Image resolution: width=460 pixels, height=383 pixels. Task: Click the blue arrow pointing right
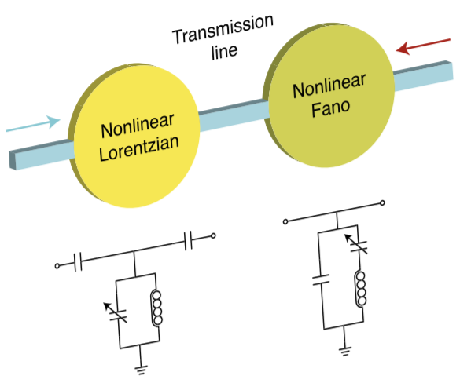pos(33,125)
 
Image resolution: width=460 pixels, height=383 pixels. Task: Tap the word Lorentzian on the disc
pos(138,148)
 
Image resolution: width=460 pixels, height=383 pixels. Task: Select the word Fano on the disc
pos(330,108)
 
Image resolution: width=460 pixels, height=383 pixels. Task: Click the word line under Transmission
pos(224,52)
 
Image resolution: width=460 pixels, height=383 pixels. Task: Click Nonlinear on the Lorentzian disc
pos(138,126)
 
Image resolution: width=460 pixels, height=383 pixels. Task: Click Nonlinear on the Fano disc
pos(329,86)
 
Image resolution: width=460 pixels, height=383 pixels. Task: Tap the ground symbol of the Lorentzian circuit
pos(141,370)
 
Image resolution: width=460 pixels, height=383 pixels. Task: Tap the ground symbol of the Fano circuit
pos(345,351)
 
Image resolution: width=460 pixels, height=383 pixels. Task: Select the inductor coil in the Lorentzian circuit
pos(157,308)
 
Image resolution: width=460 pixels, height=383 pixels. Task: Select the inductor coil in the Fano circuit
pos(361,288)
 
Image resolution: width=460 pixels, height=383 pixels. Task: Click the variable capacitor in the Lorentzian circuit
pos(116,313)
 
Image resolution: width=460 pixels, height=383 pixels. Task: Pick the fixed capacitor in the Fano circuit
pos(321,279)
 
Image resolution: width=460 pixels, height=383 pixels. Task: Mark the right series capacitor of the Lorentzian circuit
pos(189,240)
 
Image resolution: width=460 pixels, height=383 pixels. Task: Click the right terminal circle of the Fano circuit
pos(382,202)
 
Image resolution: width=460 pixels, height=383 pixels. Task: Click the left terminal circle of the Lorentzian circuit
pos(57,266)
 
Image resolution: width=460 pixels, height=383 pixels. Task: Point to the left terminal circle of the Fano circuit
pos(285,221)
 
